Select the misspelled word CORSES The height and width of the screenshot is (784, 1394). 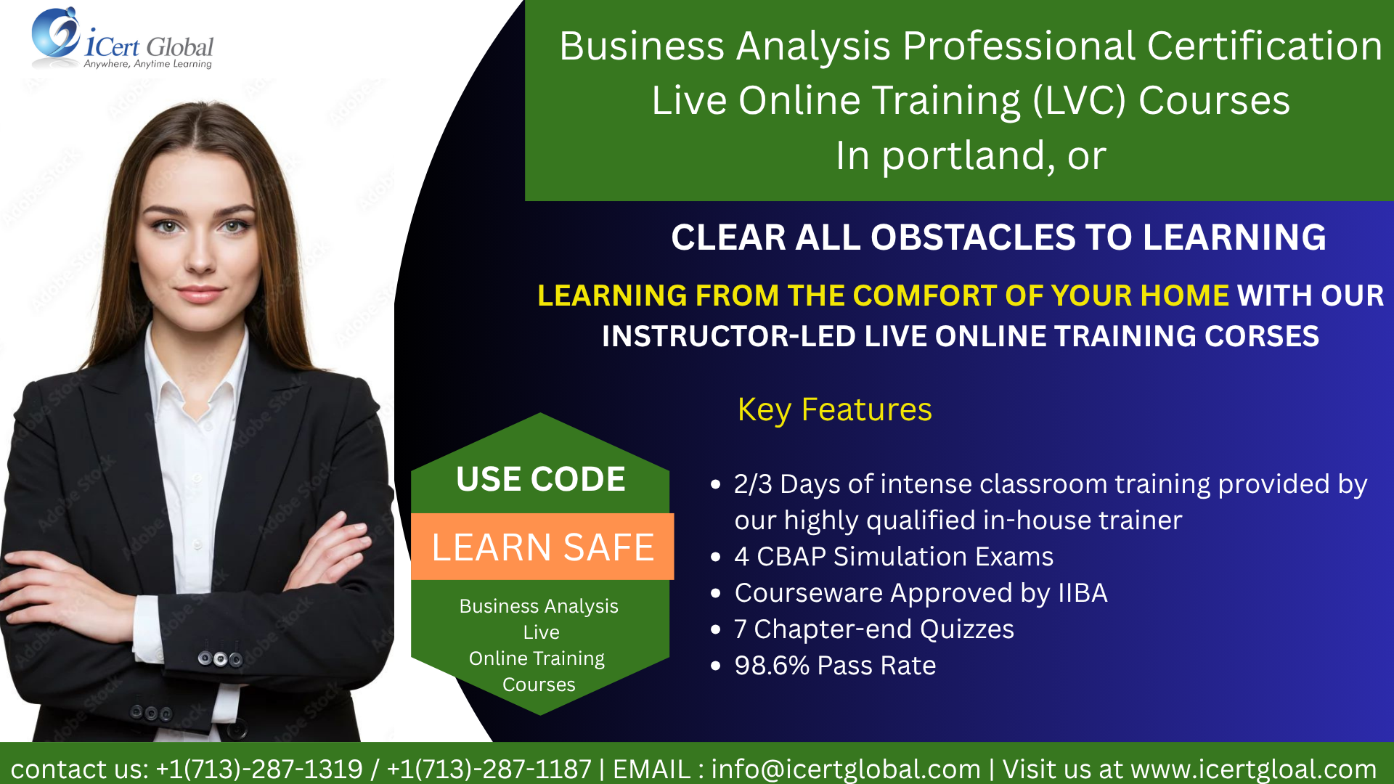(x=1262, y=336)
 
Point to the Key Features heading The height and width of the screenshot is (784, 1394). (x=835, y=410)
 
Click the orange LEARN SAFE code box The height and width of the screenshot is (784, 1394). (x=542, y=547)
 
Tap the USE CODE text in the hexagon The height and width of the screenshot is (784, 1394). (x=541, y=479)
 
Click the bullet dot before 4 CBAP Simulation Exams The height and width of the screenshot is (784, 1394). (x=716, y=558)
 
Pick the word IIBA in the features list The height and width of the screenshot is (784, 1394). (x=1083, y=593)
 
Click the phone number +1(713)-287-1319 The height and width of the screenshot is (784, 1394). (x=259, y=769)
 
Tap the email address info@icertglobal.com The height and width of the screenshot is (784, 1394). (x=846, y=769)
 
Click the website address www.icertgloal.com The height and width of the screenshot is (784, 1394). (x=1253, y=769)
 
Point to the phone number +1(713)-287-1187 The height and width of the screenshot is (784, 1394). (x=489, y=769)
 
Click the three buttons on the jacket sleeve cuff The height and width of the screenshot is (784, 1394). (x=220, y=659)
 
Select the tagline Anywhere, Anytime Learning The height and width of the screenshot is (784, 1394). (x=148, y=64)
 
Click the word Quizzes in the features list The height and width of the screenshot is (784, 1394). (x=967, y=629)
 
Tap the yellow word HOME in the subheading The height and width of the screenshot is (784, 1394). (x=1184, y=295)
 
